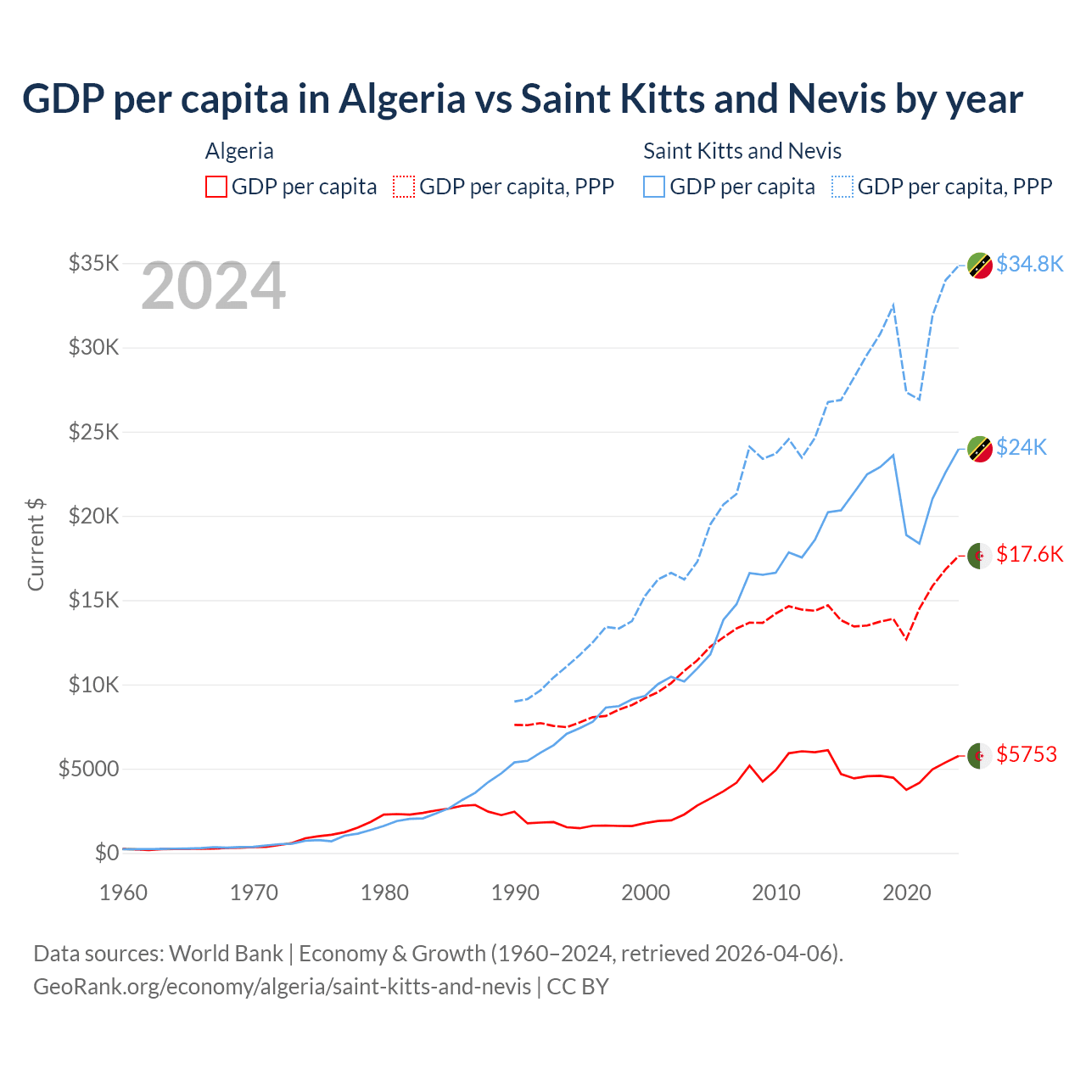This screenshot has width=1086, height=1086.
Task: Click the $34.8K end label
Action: (1029, 264)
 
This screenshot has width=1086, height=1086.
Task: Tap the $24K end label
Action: (1022, 447)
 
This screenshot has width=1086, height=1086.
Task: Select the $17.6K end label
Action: (1029, 554)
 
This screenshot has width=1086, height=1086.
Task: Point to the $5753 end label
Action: (1027, 754)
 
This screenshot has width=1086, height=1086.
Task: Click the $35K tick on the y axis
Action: (93, 263)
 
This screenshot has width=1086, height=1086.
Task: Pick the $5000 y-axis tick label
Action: (88, 769)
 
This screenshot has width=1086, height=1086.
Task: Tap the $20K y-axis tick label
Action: (93, 516)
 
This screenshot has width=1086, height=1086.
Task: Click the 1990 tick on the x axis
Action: (516, 893)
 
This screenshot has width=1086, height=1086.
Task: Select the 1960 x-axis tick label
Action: (124, 893)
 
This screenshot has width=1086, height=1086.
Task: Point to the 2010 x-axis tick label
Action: (776, 893)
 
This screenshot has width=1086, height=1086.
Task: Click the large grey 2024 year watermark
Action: (213, 286)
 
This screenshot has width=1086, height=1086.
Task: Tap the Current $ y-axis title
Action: (36, 545)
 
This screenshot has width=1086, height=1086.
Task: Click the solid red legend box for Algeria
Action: (216, 187)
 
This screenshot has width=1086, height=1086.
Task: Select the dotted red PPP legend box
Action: (404, 187)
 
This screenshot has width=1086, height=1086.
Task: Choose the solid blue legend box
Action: (654, 187)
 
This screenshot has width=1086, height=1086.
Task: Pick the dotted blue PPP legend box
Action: (842, 187)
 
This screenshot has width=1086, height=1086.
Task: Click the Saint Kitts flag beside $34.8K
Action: (980, 265)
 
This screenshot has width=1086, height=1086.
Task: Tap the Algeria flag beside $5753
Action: (980, 755)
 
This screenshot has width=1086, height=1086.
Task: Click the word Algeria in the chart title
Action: (402, 99)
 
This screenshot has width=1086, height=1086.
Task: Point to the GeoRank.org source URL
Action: (282, 987)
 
